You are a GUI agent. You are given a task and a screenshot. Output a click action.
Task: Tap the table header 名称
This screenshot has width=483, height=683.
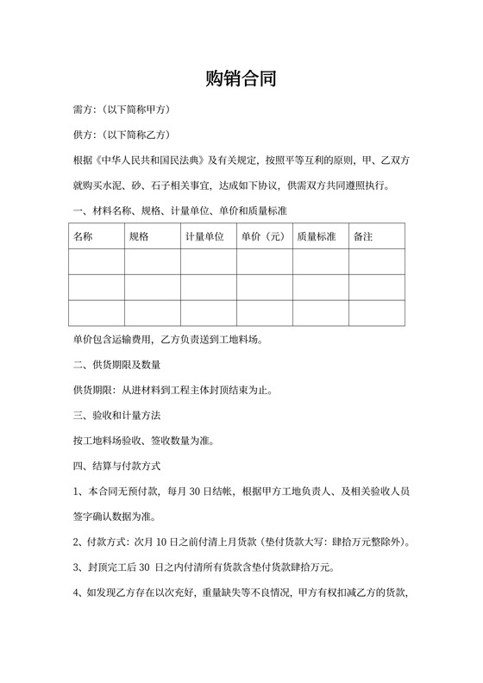[84, 236]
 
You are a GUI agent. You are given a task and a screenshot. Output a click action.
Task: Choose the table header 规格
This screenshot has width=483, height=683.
[139, 236]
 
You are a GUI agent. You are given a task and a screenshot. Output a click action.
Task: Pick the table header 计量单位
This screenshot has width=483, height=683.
[204, 236]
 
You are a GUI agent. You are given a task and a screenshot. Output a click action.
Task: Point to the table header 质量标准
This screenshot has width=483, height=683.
[316, 236]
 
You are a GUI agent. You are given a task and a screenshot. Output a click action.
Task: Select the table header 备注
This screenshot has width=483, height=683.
[363, 236]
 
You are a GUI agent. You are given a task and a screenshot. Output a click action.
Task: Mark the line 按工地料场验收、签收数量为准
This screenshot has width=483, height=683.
[144, 441]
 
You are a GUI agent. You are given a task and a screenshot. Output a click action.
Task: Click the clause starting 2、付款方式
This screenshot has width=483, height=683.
[242, 542]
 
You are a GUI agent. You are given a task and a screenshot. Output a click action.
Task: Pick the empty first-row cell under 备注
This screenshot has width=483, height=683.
[377, 261]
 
